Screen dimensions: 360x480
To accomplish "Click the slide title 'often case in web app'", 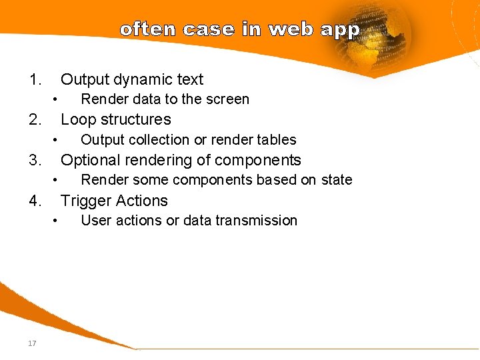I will [x=240, y=30].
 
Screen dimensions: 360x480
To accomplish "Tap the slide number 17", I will [x=32, y=343].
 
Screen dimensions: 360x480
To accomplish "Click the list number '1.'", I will [x=35, y=80].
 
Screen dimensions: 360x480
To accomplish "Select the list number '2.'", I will [x=35, y=120].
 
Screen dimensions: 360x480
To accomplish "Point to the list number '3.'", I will [x=35, y=161].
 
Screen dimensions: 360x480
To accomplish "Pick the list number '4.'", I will [x=35, y=201].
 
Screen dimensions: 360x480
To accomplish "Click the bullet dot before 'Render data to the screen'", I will [x=57, y=100].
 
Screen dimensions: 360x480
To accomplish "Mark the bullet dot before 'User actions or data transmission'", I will [x=57, y=221].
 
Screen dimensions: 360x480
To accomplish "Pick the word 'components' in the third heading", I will [x=263, y=161].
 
